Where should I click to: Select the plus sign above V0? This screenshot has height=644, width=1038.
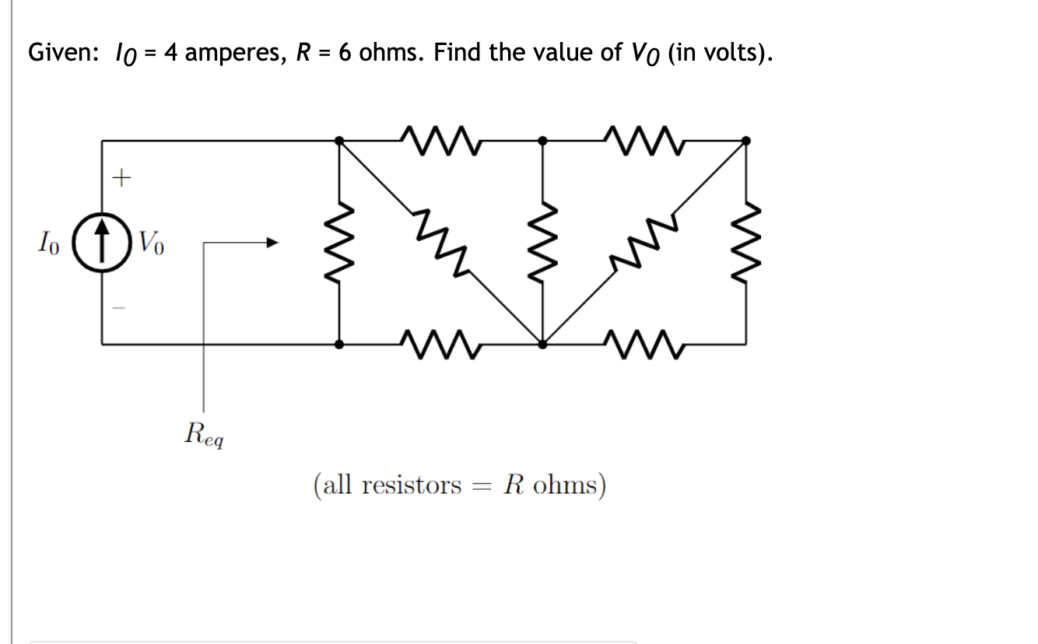[x=121, y=180]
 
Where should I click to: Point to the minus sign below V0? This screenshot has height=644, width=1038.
[x=120, y=308]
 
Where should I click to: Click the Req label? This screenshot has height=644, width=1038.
[x=205, y=433]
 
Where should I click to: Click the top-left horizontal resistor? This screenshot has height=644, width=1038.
[x=440, y=141]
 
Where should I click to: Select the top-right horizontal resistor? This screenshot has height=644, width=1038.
[x=644, y=141]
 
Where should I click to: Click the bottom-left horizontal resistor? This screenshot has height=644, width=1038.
[x=440, y=343]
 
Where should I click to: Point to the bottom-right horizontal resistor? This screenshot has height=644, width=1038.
[x=644, y=343]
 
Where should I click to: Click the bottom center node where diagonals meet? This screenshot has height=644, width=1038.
[x=542, y=342]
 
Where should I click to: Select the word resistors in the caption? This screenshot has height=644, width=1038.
[x=412, y=485]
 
